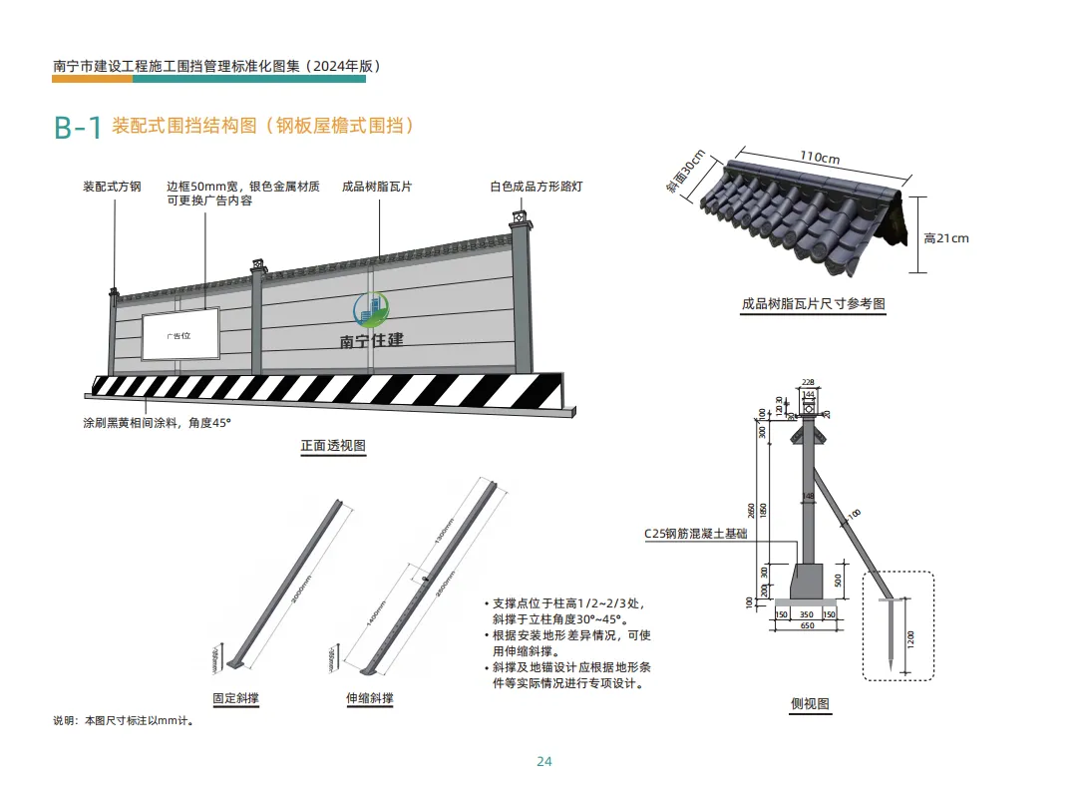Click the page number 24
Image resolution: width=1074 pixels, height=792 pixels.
pos(543,761)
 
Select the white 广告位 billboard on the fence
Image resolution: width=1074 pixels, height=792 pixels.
pos(180,336)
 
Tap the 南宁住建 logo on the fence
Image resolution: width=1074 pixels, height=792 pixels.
pos(371,323)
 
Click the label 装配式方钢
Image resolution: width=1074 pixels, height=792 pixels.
pos(112,187)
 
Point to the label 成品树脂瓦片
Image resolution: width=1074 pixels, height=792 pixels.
pos(377,187)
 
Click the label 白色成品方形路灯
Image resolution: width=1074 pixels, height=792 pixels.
pos(536,187)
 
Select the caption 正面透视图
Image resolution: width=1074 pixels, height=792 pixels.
pos(333,446)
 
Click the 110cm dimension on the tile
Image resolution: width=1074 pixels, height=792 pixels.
pos(819,158)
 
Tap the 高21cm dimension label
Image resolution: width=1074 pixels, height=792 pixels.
pos(945,238)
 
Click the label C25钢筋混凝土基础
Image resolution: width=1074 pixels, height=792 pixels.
pos(695,534)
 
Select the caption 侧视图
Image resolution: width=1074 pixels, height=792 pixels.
pos(810,703)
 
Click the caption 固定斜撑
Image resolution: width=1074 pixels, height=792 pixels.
pos(235,698)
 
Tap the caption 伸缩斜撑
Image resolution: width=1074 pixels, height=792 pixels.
pos(369,698)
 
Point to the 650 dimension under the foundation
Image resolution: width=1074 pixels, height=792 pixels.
pos(806,626)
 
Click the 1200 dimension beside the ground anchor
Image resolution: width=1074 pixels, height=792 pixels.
pos(910,638)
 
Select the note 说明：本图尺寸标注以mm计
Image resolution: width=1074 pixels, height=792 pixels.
pos(123,720)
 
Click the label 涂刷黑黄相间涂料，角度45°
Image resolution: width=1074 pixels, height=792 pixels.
pos(157,423)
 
